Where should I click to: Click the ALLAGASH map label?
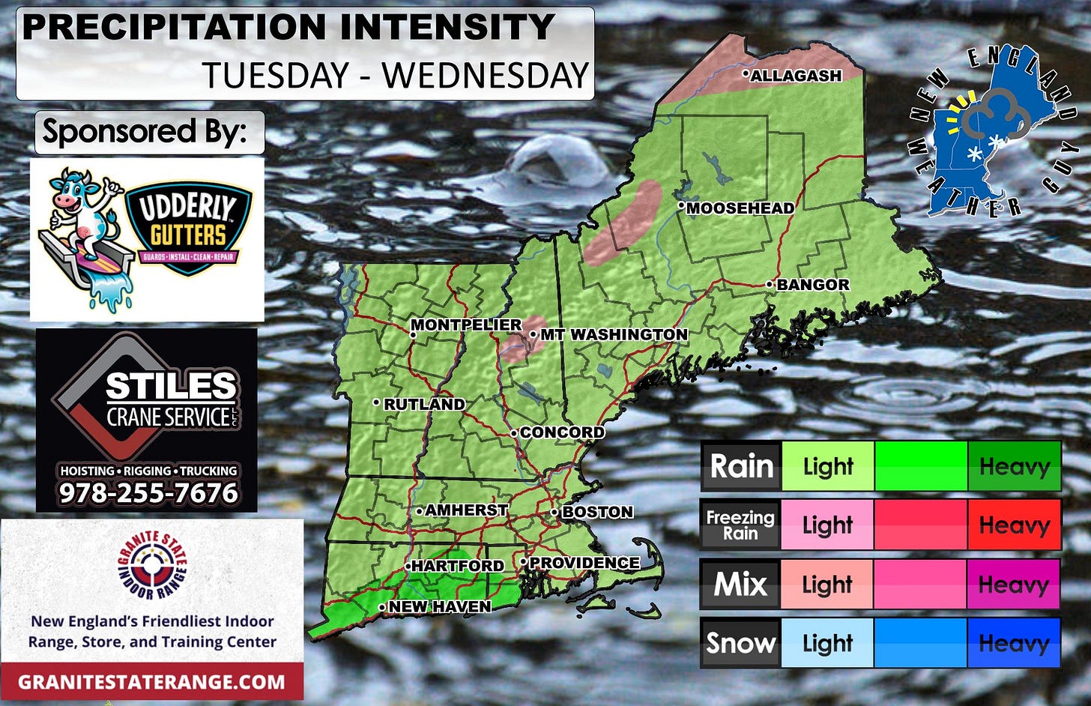(x=796, y=76)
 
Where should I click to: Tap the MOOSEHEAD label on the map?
(x=740, y=208)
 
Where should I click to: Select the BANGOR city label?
(x=813, y=285)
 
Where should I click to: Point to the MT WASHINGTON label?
(x=614, y=334)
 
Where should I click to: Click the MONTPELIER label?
(x=466, y=325)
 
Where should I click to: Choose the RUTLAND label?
(x=424, y=404)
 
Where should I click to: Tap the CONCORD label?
(x=562, y=432)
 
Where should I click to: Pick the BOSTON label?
(x=597, y=512)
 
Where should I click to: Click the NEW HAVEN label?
(x=440, y=606)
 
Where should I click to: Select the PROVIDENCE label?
(x=584, y=563)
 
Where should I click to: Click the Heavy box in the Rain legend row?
(x=1014, y=466)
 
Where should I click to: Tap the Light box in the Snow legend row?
(x=827, y=643)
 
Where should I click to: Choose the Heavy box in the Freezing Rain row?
(x=1014, y=525)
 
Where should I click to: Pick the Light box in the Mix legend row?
(x=827, y=584)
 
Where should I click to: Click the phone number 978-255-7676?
(x=148, y=493)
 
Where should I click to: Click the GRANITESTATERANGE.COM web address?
(x=151, y=682)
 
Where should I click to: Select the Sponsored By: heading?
(x=145, y=132)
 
